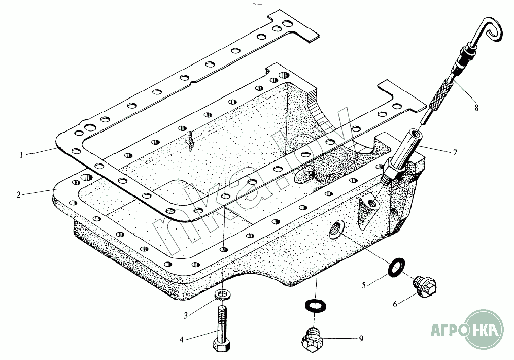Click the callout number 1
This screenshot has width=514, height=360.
click(21, 154)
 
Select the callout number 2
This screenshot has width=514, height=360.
click(19, 194)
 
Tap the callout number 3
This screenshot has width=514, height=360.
click(186, 316)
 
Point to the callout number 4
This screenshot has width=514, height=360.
click(182, 340)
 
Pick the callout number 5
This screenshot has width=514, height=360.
click(363, 285)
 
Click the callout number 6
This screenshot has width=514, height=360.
click(395, 304)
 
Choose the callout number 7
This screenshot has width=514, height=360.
click(455, 152)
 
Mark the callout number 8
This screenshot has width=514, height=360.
click(476, 107)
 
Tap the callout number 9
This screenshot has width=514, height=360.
click(361, 338)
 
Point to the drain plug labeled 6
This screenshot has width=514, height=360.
click(425, 287)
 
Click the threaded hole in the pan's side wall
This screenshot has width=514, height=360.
click(336, 228)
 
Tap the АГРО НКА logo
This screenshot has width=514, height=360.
click(467, 329)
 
